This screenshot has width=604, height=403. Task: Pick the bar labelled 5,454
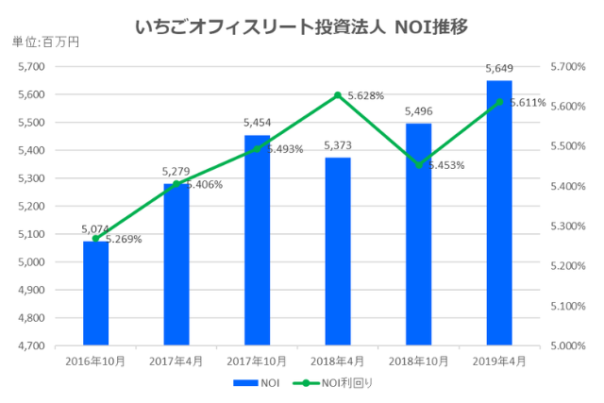[x=257, y=240]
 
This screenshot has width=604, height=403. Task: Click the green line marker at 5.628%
[x=337, y=95]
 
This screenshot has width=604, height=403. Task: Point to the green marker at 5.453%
[x=418, y=165]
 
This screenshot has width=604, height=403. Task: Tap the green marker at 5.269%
[x=95, y=238]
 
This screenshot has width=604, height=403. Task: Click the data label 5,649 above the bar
[x=498, y=68]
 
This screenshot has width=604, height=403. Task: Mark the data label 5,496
[x=418, y=110]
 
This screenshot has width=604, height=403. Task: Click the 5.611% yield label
[x=528, y=102]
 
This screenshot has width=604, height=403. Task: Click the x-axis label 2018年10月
[x=418, y=360]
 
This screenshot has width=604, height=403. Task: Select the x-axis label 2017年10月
[x=257, y=360]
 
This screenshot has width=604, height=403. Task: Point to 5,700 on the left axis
[x=31, y=67]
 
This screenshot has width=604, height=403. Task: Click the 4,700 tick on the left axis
[x=31, y=346]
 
